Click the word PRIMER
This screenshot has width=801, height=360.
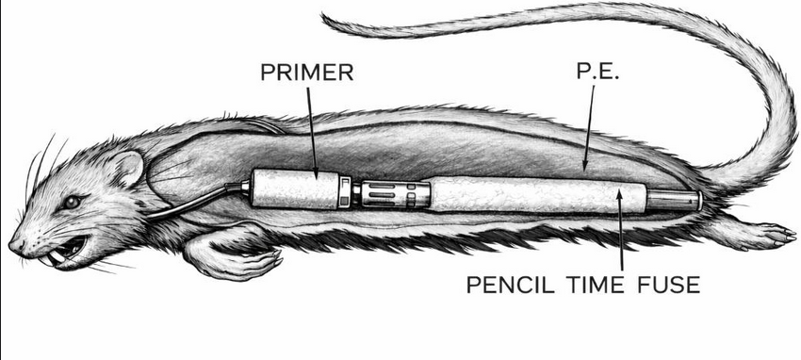(307, 72)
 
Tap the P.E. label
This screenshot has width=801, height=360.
(597, 71)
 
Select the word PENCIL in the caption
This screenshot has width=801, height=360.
(511, 285)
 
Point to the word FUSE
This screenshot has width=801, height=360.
(668, 285)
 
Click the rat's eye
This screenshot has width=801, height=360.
(71, 203)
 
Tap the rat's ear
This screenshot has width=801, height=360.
(126, 168)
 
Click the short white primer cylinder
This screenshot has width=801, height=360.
(294, 188)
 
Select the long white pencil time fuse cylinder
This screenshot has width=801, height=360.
(537, 195)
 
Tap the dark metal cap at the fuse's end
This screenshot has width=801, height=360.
(673, 200)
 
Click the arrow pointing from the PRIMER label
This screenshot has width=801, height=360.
(312, 133)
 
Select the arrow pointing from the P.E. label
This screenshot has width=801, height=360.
(589, 127)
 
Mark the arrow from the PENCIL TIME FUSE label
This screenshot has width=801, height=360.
(621, 229)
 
